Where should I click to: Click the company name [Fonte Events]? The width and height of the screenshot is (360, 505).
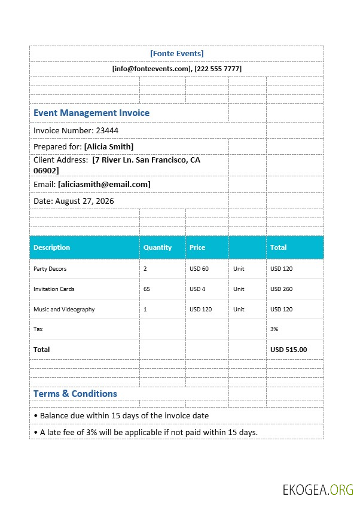click(x=176, y=53)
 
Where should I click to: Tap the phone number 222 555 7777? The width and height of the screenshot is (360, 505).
click(x=218, y=69)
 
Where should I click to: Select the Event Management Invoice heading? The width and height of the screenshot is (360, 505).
click(x=91, y=112)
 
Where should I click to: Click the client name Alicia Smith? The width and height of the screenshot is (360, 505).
click(x=109, y=146)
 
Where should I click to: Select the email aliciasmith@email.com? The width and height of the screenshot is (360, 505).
click(x=104, y=184)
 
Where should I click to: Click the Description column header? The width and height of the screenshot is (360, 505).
click(x=52, y=247)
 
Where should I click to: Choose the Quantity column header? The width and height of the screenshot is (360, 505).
click(x=157, y=247)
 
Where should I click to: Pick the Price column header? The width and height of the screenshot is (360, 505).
click(x=197, y=247)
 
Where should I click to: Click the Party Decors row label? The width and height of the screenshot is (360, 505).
click(x=50, y=269)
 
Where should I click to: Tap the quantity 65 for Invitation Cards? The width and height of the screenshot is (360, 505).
click(x=147, y=289)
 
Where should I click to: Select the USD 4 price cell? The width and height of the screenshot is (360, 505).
click(x=197, y=289)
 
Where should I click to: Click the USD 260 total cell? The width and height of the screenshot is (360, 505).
click(x=281, y=289)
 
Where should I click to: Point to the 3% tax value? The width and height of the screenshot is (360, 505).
click(x=274, y=329)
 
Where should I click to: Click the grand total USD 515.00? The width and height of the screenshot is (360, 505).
click(x=288, y=350)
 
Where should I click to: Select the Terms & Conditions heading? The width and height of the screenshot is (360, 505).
click(x=75, y=393)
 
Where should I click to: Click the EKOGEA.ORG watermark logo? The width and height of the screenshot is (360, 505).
click(x=318, y=489)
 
